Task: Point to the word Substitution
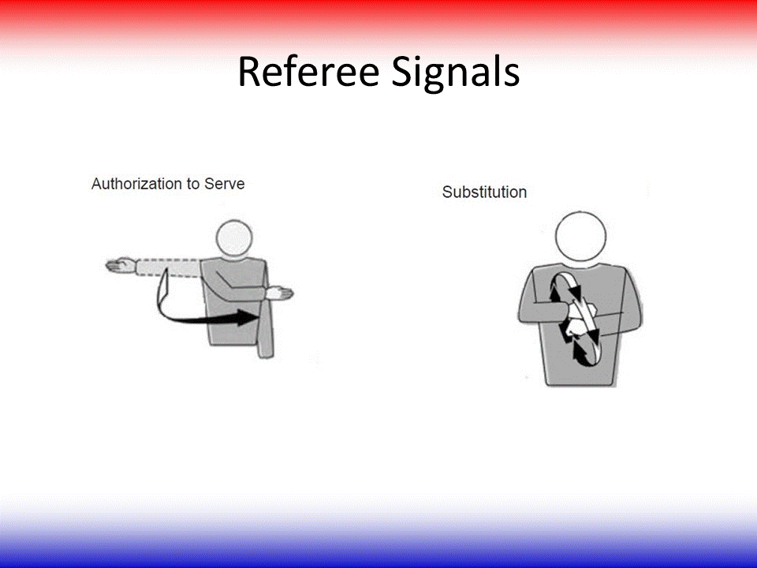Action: pyautogui.click(x=484, y=192)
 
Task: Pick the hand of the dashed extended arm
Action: pyautogui.click(x=119, y=267)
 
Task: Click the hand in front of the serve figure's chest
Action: pyautogui.click(x=278, y=294)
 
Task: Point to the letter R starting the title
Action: pyautogui.click(x=248, y=72)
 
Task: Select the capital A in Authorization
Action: pyautogui.click(x=96, y=184)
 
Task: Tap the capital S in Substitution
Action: pyautogui.click(x=447, y=192)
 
